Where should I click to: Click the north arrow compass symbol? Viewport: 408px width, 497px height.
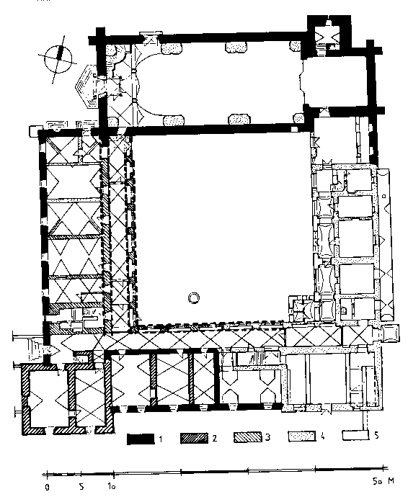point(58,60)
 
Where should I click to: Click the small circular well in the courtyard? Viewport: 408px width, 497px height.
point(194,298)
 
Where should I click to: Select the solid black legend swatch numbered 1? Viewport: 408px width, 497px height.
point(141,439)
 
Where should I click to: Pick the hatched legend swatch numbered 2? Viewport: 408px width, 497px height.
point(194,438)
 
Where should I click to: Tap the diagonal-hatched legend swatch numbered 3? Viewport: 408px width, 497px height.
point(248,437)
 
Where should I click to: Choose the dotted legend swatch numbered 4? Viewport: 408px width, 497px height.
point(302,436)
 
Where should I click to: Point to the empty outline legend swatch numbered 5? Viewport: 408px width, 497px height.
point(355,435)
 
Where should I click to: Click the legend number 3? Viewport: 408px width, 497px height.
point(267,437)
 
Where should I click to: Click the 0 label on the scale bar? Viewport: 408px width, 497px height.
point(48,487)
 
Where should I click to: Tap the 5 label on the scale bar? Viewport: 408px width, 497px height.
point(81,486)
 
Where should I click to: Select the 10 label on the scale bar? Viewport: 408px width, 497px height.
point(111,486)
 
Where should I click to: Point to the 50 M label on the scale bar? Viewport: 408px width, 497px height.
point(383,481)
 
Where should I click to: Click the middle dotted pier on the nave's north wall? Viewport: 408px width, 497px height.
point(236,48)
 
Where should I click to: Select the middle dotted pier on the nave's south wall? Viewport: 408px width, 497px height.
point(239,119)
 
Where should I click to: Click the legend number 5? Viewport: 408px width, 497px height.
point(376,435)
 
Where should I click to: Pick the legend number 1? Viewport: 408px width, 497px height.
point(161,439)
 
